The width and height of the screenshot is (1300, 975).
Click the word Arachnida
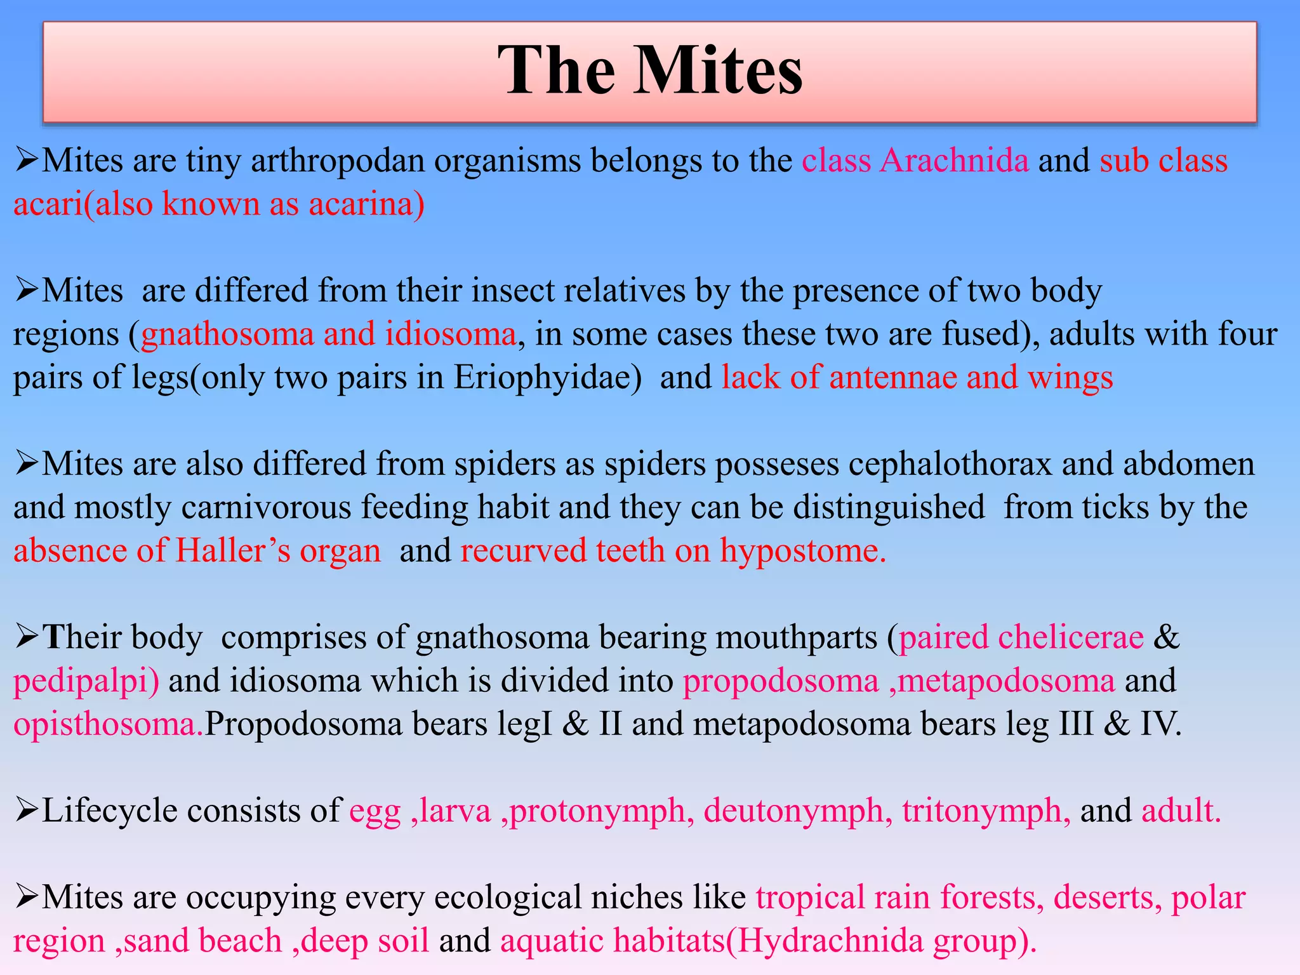pos(953,161)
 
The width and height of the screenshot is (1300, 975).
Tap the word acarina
pos(361,204)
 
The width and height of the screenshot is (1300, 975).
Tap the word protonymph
pos(597,811)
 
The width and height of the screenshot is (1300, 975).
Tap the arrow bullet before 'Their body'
pos(27,635)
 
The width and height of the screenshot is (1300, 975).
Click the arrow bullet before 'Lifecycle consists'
pos(27,809)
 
